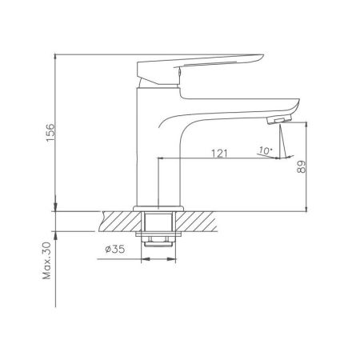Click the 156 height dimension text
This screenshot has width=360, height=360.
pyautogui.click(x=50, y=132)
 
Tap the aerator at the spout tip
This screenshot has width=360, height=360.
pyautogui.click(x=274, y=120)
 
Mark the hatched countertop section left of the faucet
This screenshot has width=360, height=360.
pyautogui.click(x=121, y=220)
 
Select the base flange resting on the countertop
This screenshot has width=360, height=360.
pyautogui.click(x=160, y=208)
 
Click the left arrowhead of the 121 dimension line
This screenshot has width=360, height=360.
pyautogui.click(x=164, y=158)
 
